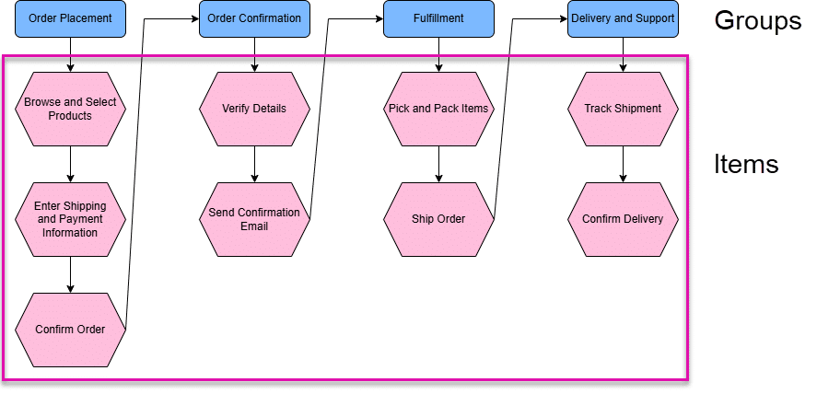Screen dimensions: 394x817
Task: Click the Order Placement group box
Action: [x=70, y=18]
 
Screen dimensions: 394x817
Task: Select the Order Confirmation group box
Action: [x=254, y=18]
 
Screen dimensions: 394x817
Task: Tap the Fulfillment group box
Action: [x=438, y=18]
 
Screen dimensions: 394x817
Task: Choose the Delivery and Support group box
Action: [x=623, y=18]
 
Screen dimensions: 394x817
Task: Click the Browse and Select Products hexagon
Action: [x=70, y=109]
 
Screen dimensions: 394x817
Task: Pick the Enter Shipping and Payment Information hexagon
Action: [x=70, y=219]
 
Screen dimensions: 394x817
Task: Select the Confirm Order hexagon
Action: [x=70, y=329]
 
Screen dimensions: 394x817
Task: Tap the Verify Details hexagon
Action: [x=254, y=109]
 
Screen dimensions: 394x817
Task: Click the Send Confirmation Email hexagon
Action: [x=254, y=219]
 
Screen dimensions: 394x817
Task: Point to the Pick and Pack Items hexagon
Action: [x=438, y=109]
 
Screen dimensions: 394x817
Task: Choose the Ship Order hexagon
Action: [x=438, y=219]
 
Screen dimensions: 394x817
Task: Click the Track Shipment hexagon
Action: [x=623, y=109]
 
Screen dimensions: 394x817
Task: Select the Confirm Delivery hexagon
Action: [x=623, y=219]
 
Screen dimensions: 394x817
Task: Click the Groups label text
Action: [x=757, y=21]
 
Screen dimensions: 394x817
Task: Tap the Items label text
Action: [x=746, y=165]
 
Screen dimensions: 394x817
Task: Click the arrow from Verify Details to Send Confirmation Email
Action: [x=254, y=164]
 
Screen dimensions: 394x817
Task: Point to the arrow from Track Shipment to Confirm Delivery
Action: [x=623, y=164]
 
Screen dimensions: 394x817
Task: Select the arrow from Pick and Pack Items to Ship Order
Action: [x=438, y=164]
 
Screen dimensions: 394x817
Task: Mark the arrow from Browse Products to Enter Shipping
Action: [x=70, y=164]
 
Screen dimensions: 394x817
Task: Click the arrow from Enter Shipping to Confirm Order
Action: [x=70, y=274]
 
